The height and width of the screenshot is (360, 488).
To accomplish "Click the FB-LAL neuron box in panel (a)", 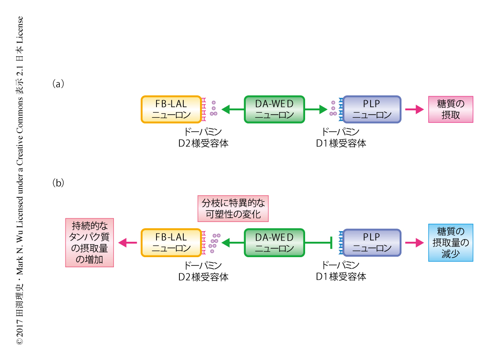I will coord(171,109).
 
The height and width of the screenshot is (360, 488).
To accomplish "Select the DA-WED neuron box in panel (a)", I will coord(274,109).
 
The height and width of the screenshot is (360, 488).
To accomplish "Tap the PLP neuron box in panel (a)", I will coord(372,109).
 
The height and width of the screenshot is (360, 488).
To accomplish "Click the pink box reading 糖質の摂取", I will coord(451,109).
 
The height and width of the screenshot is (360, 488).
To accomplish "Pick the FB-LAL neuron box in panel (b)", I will coord(171,242).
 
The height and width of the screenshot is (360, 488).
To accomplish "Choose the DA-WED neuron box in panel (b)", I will coord(274,242).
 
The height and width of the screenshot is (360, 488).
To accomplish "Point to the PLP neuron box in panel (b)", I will coord(372,242).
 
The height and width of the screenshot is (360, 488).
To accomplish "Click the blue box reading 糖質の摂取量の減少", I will coord(451,243).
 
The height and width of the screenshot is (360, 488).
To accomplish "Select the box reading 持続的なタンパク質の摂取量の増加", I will coord(89,242).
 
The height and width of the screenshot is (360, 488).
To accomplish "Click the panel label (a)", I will coord(58,84).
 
